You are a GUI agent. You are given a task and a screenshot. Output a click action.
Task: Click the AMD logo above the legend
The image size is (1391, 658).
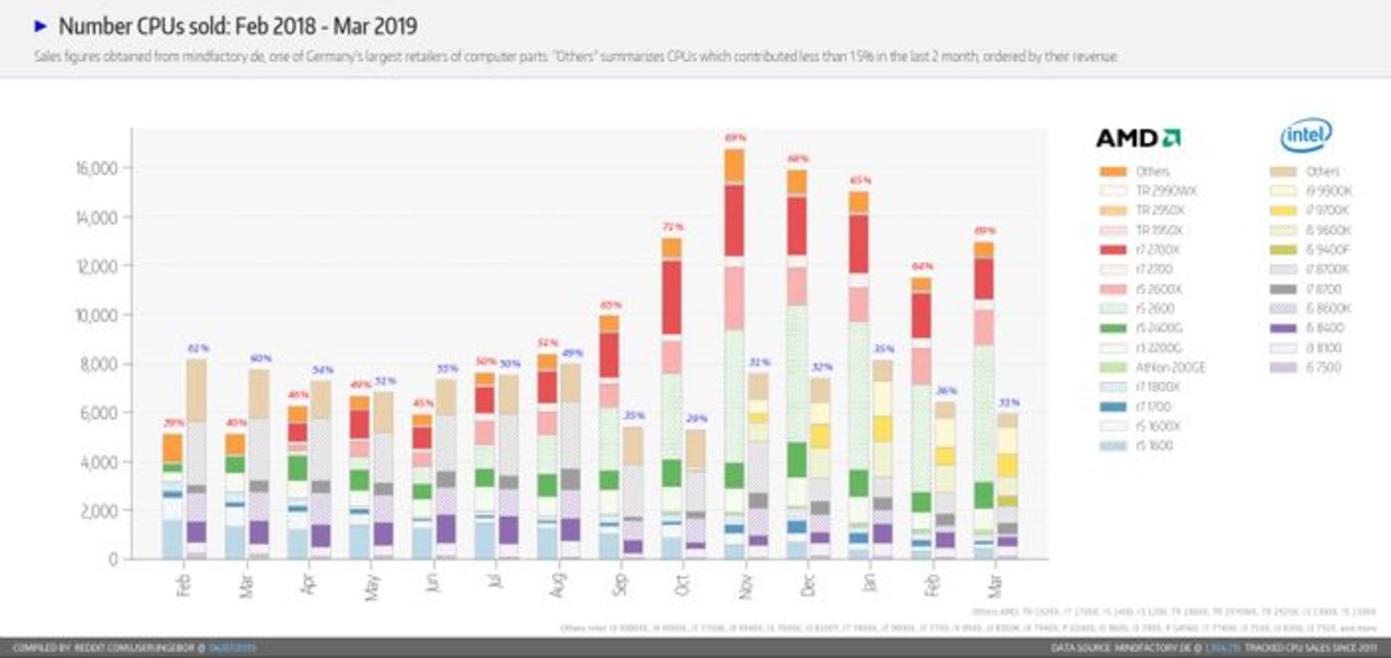coord(1138,138)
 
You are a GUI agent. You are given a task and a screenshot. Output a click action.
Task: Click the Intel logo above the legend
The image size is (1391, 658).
coord(1306,136)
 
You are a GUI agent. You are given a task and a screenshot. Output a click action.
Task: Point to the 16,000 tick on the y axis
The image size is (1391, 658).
coord(96,168)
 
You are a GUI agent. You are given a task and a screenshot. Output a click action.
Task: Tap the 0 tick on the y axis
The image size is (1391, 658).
coord(113,559)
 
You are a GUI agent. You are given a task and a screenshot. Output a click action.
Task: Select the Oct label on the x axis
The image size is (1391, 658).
coord(681,584)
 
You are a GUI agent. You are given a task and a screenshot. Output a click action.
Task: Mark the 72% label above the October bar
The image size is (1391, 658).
coord(672,227)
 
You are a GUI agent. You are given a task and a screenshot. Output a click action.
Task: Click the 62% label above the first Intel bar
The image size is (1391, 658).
coord(198,349)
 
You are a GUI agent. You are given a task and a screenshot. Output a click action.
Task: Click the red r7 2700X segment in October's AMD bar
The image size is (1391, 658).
coord(672,297)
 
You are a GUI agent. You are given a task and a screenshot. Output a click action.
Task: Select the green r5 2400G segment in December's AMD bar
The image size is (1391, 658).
coord(796,459)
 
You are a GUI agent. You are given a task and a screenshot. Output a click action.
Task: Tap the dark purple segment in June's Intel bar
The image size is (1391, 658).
coord(446,528)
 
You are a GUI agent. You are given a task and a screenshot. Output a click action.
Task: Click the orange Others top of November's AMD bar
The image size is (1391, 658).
coord(734,165)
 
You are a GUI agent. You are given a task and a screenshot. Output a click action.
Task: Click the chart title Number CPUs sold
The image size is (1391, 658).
coord(237,26)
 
